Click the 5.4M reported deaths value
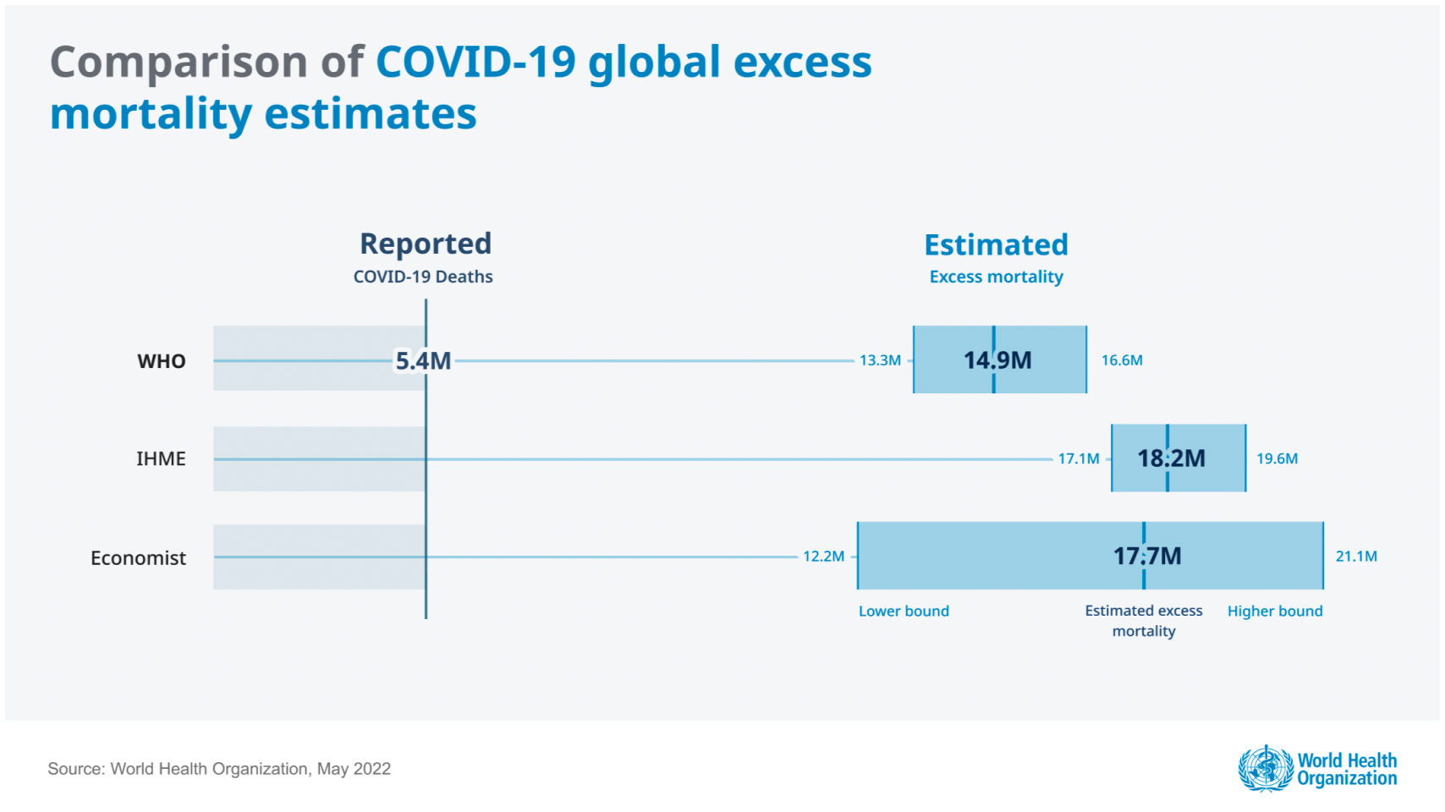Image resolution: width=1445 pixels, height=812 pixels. [x=423, y=361]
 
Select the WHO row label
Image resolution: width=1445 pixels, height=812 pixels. [x=161, y=361]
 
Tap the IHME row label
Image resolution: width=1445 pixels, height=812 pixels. [x=161, y=458]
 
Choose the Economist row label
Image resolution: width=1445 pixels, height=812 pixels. [x=138, y=558]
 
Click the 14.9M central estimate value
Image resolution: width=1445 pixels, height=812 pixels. [x=997, y=360]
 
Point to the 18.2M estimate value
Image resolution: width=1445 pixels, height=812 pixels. [x=1171, y=458]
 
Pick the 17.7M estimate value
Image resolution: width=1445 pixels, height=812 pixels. [x=1147, y=557]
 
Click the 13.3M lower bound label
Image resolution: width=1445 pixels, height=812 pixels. [x=880, y=360]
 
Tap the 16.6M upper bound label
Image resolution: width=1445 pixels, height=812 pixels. [x=1122, y=360]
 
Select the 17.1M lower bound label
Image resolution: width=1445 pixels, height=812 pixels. [x=1079, y=458]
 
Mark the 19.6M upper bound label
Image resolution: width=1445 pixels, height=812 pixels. [x=1277, y=458]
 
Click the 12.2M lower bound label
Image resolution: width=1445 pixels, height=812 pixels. [x=823, y=557]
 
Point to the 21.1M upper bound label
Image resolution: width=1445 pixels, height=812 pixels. [x=1356, y=557]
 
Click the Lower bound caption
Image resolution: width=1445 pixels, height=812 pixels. [x=904, y=611]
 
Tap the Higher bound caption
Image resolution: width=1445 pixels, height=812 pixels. [x=1275, y=611]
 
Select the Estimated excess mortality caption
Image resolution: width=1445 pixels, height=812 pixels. [x=1144, y=621]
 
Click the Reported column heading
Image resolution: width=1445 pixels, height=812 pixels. [x=426, y=244]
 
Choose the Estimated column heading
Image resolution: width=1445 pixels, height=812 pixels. [x=996, y=244]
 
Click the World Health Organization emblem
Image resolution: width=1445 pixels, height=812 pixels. [x=1266, y=768]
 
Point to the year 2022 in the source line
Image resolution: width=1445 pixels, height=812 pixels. [x=372, y=769]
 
